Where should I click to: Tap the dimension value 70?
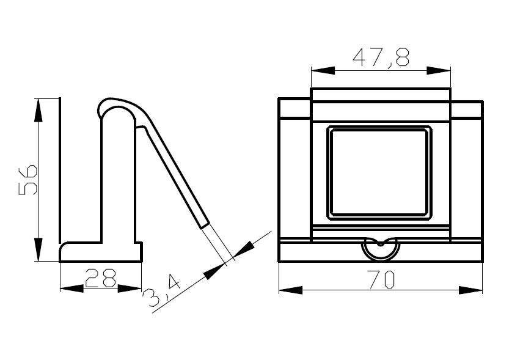click(x=381, y=279)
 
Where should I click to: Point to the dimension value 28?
click(x=101, y=278)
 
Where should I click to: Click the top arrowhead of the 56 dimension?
click(x=38, y=109)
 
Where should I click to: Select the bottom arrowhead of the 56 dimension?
click(x=38, y=249)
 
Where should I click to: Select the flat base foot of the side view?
click(x=101, y=252)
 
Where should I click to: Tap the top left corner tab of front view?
click(x=294, y=108)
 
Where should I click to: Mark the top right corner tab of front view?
click(x=467, y=109)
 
